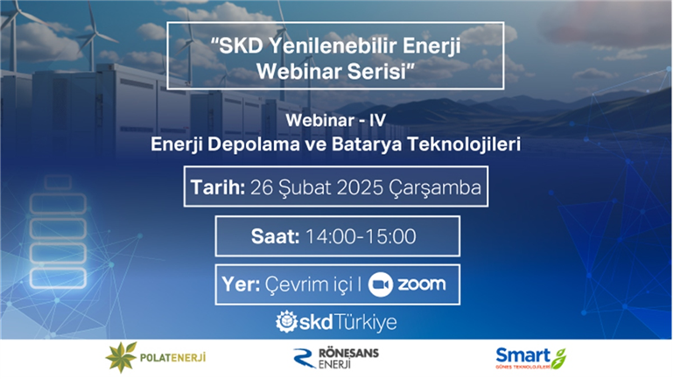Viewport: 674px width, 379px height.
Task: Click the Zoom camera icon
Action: click(x=381, y=284)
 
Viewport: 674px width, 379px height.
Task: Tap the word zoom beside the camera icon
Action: click(x=421, y=284)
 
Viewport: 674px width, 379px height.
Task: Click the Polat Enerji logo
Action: click(x=156, y=357)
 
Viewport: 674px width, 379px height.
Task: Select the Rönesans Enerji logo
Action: click(x=336, y=358)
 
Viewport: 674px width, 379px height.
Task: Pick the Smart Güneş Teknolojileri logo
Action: click(x=530, y=358)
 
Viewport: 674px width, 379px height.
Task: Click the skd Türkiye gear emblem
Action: click(x=286, y=322)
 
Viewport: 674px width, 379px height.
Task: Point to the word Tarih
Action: click(x=217, y=187)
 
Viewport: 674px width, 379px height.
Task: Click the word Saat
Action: click(x=275, y=236)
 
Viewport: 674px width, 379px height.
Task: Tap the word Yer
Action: click(x=241, y=284)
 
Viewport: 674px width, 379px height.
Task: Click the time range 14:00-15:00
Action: click(x=361, y=236)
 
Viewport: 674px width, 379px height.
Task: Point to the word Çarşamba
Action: click(x=435, y=188)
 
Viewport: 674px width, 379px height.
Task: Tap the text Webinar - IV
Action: click(x=336, y=120)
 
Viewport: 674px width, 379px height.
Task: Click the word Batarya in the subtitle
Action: click(x=367, y=144)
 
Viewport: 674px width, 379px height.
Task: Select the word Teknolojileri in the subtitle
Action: click(x=464, y=144)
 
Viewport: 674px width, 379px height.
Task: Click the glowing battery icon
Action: click(x=58, y=232)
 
